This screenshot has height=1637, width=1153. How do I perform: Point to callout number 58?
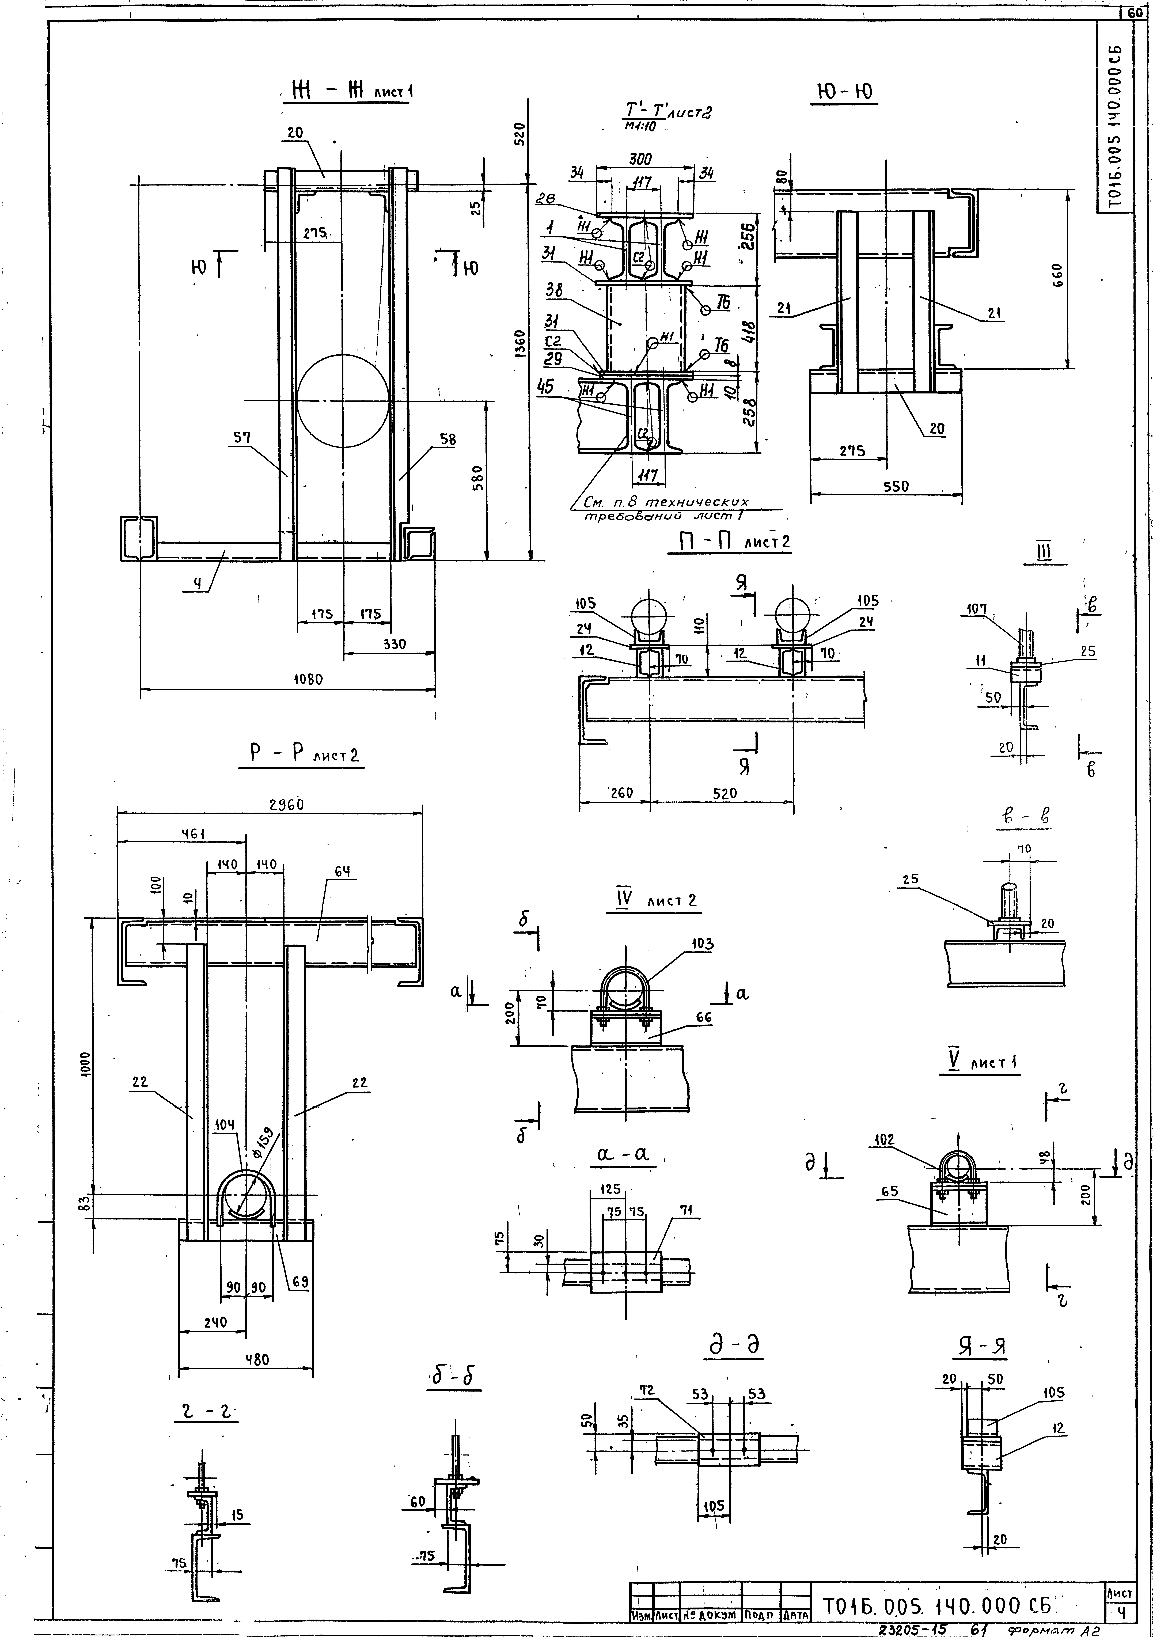coord(447,440)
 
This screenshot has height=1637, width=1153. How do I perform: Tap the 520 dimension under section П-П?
coord(725,793)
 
